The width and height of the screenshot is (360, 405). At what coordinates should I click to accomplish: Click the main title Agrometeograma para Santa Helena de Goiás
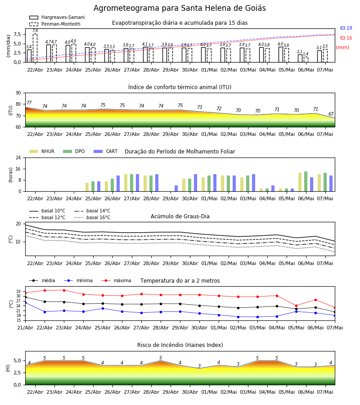180,8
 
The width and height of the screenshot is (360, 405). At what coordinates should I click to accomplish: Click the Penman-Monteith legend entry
55,24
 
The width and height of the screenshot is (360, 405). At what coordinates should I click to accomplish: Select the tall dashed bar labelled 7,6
35,48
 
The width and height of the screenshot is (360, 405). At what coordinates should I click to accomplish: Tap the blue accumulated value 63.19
346,28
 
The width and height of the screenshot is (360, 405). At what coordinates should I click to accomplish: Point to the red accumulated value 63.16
346,38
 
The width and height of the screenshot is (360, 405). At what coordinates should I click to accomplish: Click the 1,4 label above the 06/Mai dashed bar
306,54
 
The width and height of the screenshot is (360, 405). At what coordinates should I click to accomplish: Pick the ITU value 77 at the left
29,103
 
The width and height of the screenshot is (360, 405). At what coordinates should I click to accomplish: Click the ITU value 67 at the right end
331,114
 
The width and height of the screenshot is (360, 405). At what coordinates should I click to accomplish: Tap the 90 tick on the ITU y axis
18,93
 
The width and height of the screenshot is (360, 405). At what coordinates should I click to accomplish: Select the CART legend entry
106,151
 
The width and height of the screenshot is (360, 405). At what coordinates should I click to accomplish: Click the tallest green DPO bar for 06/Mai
306,181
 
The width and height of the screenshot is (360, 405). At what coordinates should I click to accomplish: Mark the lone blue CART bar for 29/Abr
176,188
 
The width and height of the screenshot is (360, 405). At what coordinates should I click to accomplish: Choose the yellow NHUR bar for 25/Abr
87,187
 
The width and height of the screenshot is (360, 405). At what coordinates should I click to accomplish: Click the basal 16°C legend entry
92,217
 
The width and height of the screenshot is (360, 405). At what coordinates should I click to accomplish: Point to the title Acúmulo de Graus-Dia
180,216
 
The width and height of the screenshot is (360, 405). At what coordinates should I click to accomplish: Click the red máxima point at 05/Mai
296,306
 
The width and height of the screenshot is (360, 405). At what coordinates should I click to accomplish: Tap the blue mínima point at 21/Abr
26,302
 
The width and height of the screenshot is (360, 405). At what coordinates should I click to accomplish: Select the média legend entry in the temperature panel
42,280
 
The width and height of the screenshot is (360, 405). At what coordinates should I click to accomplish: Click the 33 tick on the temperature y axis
18,291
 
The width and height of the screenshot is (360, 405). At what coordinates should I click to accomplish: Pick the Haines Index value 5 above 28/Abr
161,358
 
